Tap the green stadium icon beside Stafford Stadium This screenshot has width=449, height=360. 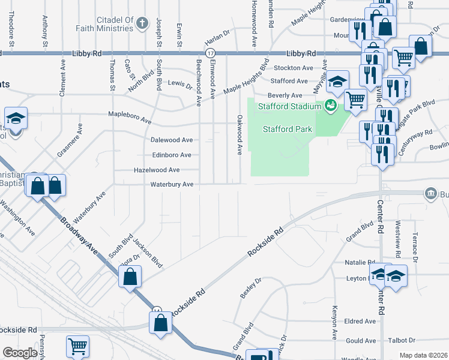[329, 107]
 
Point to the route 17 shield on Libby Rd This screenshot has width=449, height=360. [209, 53]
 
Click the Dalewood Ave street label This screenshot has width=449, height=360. [171, 140]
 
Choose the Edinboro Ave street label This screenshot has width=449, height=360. [171, 155]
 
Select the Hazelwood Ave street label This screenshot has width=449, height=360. [157, 170]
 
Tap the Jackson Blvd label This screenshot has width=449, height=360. [148, 254]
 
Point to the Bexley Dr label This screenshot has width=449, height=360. [251, 289]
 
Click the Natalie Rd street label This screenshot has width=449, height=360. [360, 263]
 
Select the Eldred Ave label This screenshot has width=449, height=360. [360, 322]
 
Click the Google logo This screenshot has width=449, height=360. [20, 353]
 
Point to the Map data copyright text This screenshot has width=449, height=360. [423, 355]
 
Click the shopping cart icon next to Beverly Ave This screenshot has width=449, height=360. [355, 100]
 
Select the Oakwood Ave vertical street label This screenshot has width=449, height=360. [240, 135]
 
